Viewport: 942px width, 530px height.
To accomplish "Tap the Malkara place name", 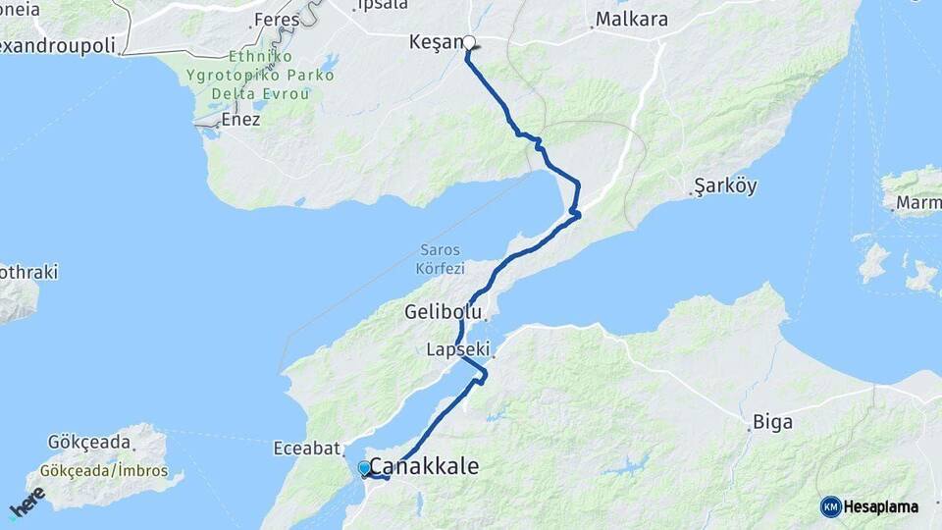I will tap(632, 20).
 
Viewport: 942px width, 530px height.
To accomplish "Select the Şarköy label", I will tap(725, 186).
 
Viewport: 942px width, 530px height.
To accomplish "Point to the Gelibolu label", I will tap(444, 312).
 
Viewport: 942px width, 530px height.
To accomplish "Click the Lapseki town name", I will tap(458, 349).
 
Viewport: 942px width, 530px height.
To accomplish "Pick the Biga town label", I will tap(772, 423).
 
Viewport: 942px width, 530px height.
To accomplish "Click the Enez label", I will tap(241, 120).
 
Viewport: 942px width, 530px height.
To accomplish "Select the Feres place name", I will tap(276, 20).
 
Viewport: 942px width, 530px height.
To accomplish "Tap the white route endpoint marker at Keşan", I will tap(469, 42).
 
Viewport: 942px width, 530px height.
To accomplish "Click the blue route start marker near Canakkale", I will tap(364, 468).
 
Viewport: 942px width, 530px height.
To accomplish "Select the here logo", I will tap(27, 502).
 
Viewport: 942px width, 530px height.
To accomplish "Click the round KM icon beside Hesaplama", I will tap(831, 506).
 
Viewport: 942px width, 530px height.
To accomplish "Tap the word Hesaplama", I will tap(881, 506).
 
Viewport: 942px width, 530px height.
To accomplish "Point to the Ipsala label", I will tap(383, 5).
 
